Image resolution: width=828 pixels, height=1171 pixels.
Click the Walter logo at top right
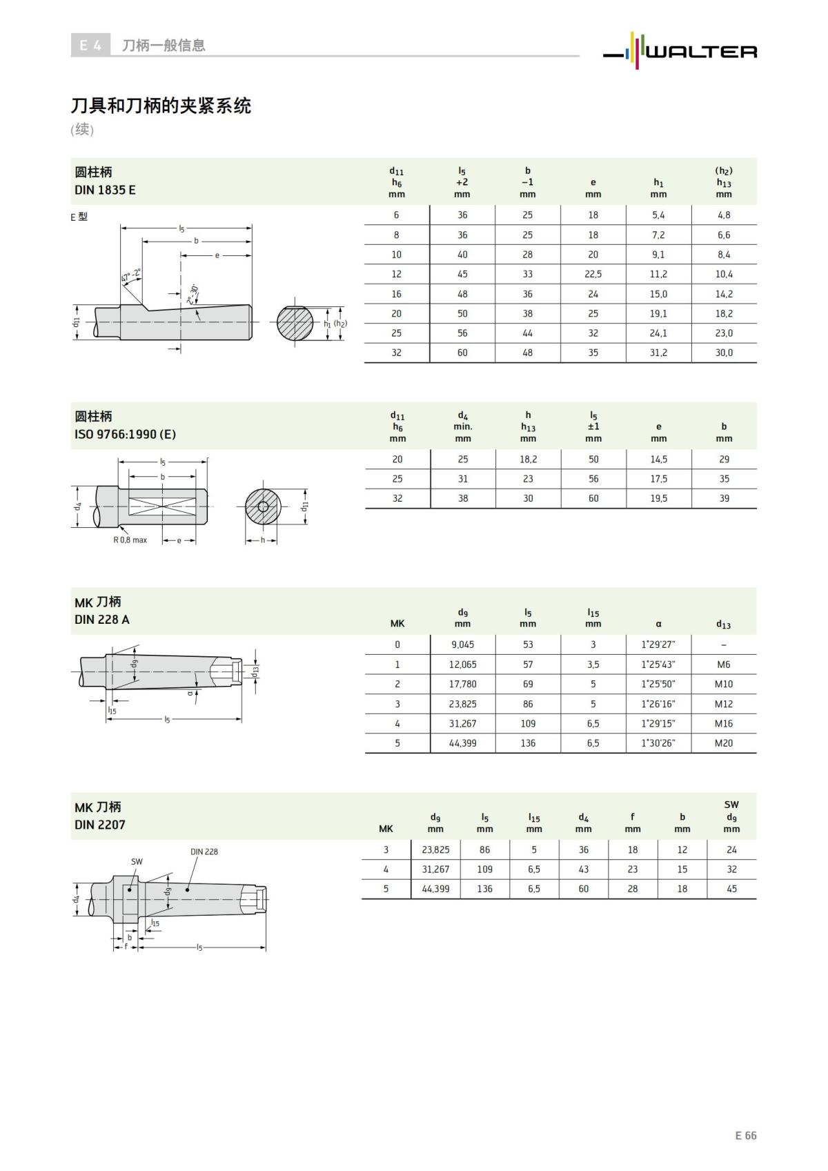[x=680, y=51]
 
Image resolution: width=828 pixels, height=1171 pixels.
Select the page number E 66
[x=745, y=1135]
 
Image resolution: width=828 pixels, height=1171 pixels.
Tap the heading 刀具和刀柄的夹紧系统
[x=161, y=106]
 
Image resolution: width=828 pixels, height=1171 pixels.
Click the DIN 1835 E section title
[x=105, y=190]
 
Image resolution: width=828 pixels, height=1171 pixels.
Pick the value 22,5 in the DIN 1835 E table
[x=593, y=274]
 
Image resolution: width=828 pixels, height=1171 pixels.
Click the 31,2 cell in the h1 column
[x=658, y=353]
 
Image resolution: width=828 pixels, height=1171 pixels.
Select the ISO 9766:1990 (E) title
[x=125, y=434]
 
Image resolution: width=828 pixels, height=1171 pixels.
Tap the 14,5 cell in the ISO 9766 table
[x=658, y=459]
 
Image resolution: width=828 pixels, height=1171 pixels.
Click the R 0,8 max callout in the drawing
[x=130, y=540]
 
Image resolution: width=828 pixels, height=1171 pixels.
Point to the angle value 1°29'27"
[x=658, y=644]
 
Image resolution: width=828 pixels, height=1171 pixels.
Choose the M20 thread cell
[x=724, y=743]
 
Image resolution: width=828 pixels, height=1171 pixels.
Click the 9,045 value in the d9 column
[x=462, y=644]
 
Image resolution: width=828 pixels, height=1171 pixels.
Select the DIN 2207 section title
[x=100, y=825]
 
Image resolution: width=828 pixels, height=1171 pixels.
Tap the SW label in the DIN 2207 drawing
[x=137, y=861]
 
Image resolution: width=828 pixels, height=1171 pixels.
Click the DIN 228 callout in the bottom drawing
[x=204, y=852]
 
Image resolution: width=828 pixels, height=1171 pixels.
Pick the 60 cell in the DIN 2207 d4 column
[x=584, y=889]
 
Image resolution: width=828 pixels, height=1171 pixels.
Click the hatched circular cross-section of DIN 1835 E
[x=295, y=322]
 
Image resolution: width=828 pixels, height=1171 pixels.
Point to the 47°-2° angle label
[x=130, y=277]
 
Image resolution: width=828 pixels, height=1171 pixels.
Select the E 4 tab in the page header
[x=90, y=46]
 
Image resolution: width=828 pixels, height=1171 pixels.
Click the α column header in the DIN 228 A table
[x=658, y=624]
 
